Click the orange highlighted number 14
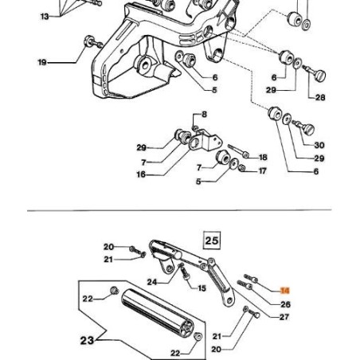coord(285,292)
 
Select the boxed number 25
coord(212,239)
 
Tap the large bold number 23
coord(88,341)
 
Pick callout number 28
coord(320,98)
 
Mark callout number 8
coord(204,115)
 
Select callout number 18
coord(264,157)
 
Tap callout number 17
coord(264,170)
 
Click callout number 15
coord(202,288)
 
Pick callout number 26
coord(286,304)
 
